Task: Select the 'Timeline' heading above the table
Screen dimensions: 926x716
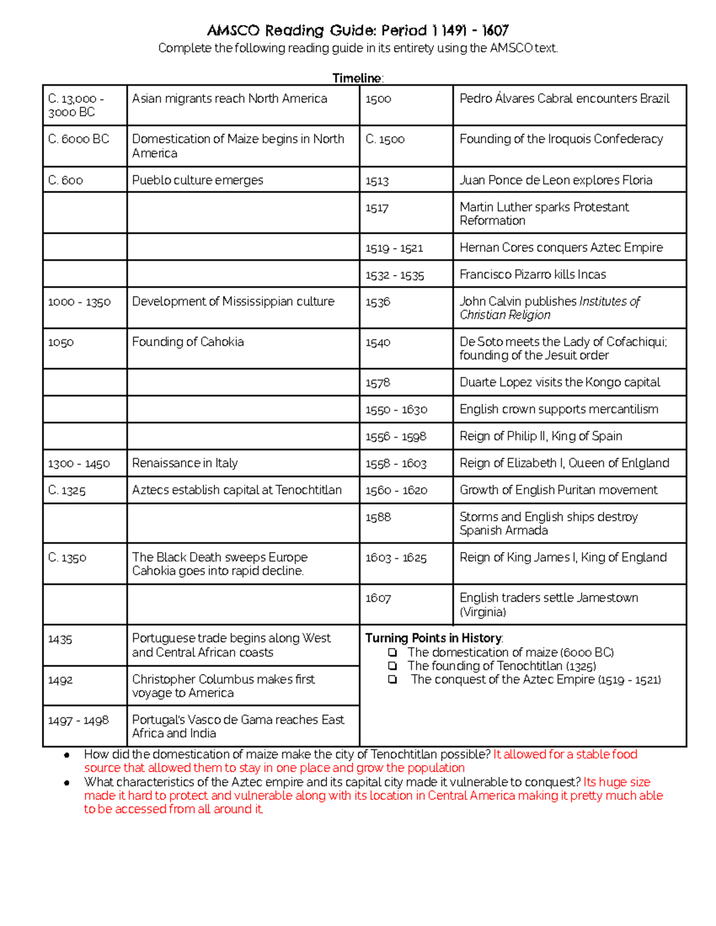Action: (357, 78)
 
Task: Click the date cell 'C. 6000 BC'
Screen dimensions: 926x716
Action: (79, 139)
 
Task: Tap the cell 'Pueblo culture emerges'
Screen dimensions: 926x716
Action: (197, 180)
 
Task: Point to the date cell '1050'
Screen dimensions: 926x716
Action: (61, 342)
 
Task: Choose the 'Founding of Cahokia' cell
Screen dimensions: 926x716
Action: (188, 342)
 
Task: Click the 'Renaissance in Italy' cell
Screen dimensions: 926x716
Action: (185, 463)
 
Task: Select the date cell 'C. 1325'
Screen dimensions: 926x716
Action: (67, 491)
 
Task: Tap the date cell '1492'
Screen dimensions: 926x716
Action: (60, 680)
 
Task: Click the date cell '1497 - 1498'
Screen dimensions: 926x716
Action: (79, 721)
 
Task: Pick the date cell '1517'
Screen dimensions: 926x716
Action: (377, 208)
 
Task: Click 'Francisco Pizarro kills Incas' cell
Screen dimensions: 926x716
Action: (533, 274)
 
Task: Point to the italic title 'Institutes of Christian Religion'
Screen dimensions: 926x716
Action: (549, 308)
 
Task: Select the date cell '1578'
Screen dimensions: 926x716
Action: (378, 383)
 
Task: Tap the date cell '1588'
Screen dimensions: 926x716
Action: (378, 518)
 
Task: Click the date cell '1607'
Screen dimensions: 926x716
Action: (378, 598)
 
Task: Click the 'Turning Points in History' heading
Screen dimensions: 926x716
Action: (434, 638)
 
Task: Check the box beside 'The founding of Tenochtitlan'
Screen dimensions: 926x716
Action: (393, 666)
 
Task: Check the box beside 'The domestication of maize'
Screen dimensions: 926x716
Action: (393, 652)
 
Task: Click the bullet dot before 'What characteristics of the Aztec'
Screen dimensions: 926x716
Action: (67, 783)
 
